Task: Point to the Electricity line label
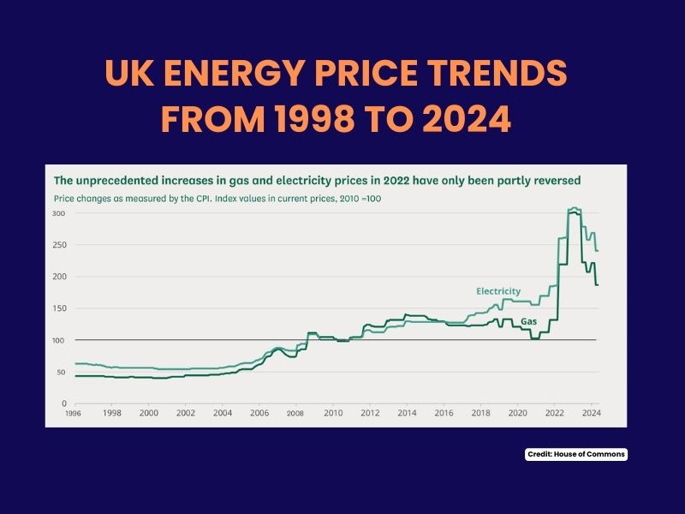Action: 497,291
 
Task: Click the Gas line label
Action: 529,320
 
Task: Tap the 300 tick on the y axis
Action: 59,212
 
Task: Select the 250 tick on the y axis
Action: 59,244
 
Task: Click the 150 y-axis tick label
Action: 59,308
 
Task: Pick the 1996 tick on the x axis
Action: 74,413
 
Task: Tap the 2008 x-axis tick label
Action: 295,413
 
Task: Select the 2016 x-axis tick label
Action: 443,413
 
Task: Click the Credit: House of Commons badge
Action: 576,455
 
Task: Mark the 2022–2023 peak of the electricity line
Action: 574,208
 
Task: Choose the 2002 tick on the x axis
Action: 185,413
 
